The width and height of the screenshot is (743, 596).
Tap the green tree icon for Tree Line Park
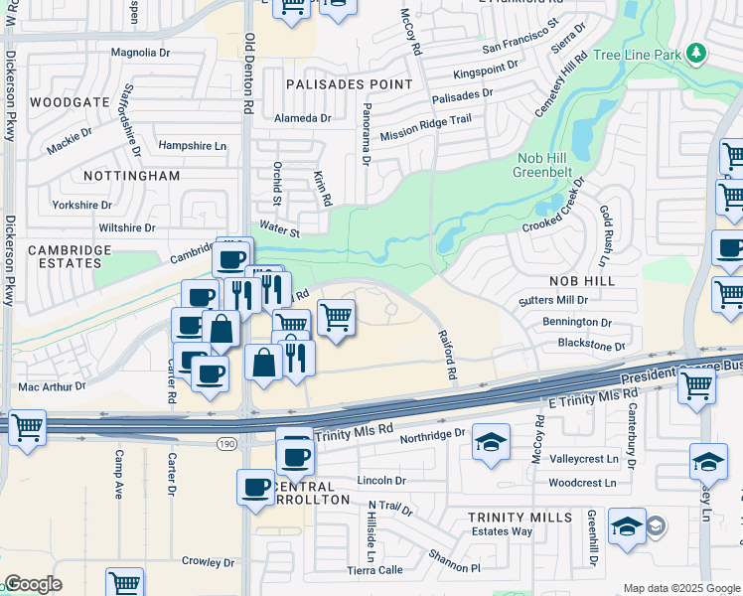point(697,51)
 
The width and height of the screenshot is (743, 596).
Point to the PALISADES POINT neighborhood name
point(349,84)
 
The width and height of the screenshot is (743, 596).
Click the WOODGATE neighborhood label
point(69,102)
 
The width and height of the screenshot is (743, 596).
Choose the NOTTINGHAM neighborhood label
point(131,176)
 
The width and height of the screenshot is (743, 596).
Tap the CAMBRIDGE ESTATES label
point(65,256)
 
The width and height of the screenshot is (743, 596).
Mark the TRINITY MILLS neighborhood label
point(520,518)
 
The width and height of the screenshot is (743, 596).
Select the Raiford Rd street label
point(445,355)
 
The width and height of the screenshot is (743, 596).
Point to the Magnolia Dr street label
point(141,53)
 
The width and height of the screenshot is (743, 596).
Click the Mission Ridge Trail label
point(425,125)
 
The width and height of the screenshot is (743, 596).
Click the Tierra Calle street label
point(374,570)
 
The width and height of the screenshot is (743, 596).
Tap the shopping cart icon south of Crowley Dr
point(124,583)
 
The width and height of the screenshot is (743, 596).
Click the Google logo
point(33,584)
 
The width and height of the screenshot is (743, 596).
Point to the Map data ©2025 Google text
point(680,588)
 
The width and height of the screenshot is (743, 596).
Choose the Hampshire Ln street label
point(193,145)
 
